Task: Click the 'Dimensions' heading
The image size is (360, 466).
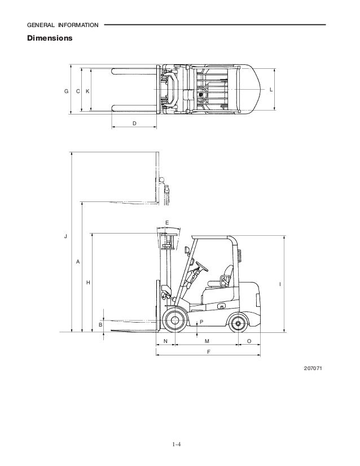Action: pyautogui.click(x=50, y=38)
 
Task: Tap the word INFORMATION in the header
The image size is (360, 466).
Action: pyautogui.click(x=78, y=25)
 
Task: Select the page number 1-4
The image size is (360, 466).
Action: pyautogui.click(x=176, y=445)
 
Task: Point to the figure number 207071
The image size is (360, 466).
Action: pyautogui.click(x=313, y=368)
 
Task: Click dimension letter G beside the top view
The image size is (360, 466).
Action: pyautogui.click(x=66, y=91)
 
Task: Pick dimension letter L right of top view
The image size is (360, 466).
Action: pyautogui.click(x=271, y=90)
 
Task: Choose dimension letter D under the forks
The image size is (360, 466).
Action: pyautogui.click(x=134, y=124)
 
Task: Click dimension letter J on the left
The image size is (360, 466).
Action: pyautogui.click(x=65, y=236)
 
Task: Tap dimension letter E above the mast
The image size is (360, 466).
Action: pyautogui.click(x=167, y=223)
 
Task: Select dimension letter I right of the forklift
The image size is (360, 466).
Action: pyautogui.click(x=280, y=284)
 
